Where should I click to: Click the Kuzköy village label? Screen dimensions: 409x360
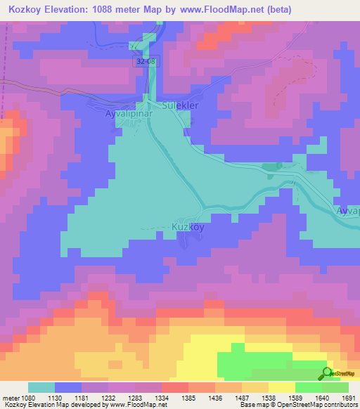point(188,227)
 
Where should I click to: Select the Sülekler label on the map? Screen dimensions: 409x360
point(181,105)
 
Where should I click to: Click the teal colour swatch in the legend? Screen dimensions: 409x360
point(41,387)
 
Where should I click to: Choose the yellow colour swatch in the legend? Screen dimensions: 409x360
point(282,387)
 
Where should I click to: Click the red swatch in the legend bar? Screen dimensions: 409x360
point(175,387)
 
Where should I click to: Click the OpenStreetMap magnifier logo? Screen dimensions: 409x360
point(327,374)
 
